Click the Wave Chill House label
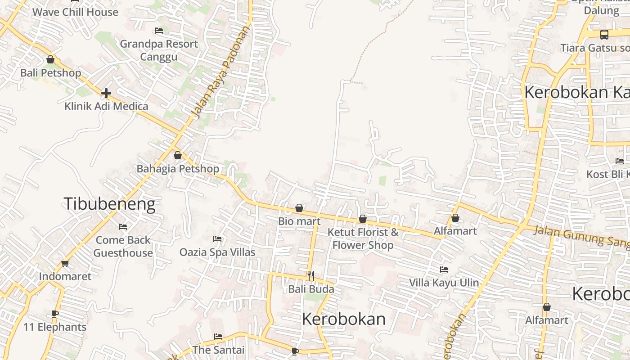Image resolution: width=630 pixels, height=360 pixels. click(x=75, y=12)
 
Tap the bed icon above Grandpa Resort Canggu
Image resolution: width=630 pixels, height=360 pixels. click(x=158, y=31)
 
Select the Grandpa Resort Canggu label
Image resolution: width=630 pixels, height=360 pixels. click(x=159, y=50)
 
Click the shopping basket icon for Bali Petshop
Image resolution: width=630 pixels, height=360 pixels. click(x=50, y=59)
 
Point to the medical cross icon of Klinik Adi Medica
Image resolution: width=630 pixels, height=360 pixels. click(x=106, y=93)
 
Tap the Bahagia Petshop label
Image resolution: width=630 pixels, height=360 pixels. click(x=178, y=169)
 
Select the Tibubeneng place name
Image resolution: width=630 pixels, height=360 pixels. click(x=109, y=204)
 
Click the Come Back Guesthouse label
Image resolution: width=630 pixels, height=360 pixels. click(x=123, y=246)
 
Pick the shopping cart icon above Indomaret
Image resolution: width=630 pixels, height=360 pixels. click(x=65, y=263)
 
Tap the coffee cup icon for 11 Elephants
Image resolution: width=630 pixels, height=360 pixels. click(x=55, y=314)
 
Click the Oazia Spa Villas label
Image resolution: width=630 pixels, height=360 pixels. click(x=217, y=252)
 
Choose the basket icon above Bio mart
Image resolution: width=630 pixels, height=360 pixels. click(x=299, y=208)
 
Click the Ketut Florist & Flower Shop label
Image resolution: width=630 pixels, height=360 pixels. click(x=363, y=238)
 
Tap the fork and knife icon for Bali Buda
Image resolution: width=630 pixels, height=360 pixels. click(x=310, y=275)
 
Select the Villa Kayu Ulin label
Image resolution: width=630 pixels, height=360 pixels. click(x=444, y=283)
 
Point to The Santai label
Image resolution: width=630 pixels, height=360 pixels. click(x=218, y=350)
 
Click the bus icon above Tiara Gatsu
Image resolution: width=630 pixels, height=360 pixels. click(x=604, y=34)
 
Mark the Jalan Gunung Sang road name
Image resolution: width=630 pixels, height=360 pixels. click(x=580, y=237)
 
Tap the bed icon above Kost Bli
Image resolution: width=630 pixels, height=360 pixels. click(x=620, y=161)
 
